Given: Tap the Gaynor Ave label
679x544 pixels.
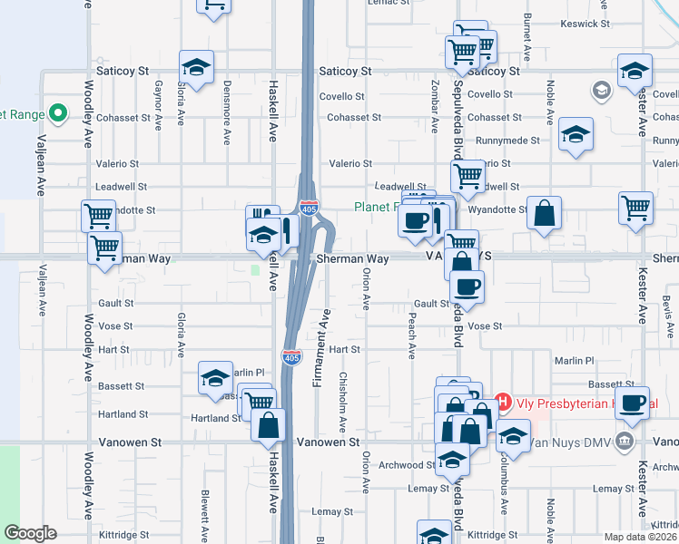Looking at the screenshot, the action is pyautogui.click(x=158, y=101).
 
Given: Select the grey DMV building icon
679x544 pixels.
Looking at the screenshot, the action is pyautogui.click(x=624, y=442).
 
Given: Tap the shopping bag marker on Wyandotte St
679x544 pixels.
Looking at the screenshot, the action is pyautogui.click(x=544, y=215).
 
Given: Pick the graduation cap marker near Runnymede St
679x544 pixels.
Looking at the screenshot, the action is pyautogui.click(x=576, y=136).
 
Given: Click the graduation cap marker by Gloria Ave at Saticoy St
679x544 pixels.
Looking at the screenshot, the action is pyautogui.click(x=196, y=68).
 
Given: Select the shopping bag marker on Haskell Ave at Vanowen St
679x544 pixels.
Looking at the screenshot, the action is pyautogui.click(x=269, y=425).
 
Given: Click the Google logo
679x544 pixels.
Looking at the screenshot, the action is pyautogui.click(x=30, y=533).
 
